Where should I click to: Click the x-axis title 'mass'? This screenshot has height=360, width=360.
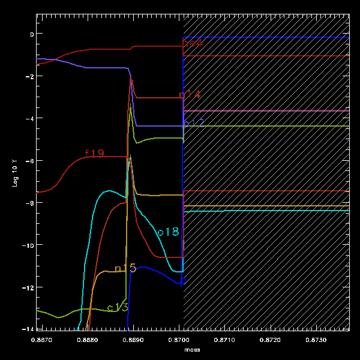[x=192, y=349]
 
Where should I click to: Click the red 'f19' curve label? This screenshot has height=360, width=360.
[x=95, y=154]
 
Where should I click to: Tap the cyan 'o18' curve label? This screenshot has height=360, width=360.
[x=168, y=232]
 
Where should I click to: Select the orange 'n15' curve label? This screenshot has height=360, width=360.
[x=125, y=268]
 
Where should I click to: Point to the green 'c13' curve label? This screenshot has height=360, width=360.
[x=118, y=307]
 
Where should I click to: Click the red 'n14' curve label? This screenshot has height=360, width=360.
[x=190, y=95]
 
